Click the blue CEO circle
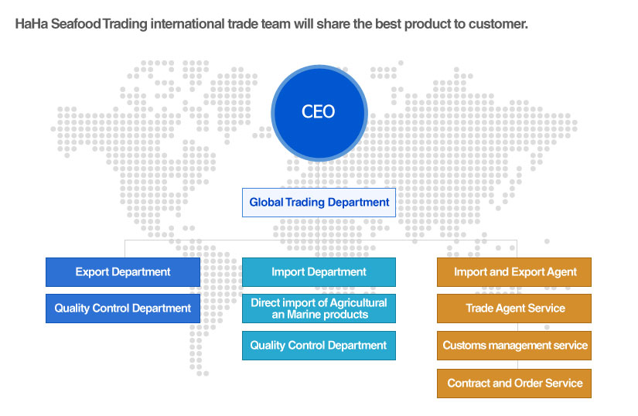(x=319, y=113)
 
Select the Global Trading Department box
(x=319, y=203)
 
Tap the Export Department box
(x=123, y=272)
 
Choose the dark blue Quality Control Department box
(x=123, y=309)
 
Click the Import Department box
(x=319, y=272)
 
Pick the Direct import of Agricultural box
(x=319, y=309)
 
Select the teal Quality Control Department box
(x=319, y=346)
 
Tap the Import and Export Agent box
(x=514, y=272)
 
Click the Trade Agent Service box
(x=514, y=309)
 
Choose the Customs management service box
(x=514, y=346)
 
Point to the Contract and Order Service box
(x=514, y=384)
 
